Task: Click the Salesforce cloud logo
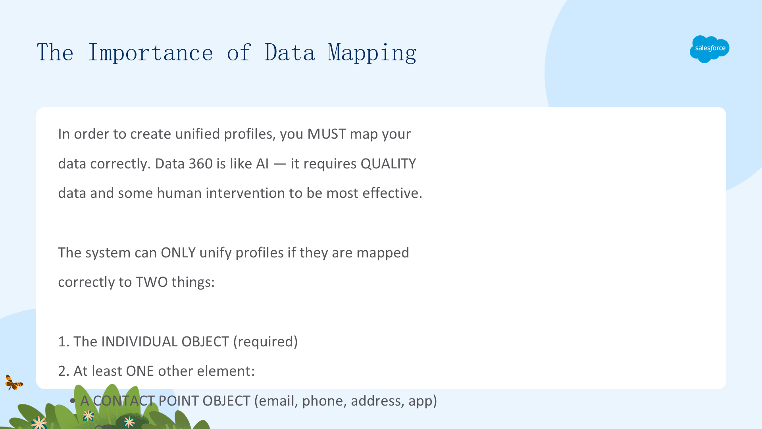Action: click(x=709, y=49)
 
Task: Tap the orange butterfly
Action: click(x=13, y=383)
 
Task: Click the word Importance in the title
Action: click(x=150, y=52)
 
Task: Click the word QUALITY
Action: click(x=388, y=164)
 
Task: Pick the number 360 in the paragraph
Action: click(x=200, y=164)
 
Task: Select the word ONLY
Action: click(x=178, y=253)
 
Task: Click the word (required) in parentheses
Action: click(x=266, y=342)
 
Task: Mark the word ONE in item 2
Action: click(x=140, y=371)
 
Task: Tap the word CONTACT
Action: click(x=124, y=401)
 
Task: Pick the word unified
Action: click(x=198, y=134)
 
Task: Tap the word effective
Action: click(x=392, y=193)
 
